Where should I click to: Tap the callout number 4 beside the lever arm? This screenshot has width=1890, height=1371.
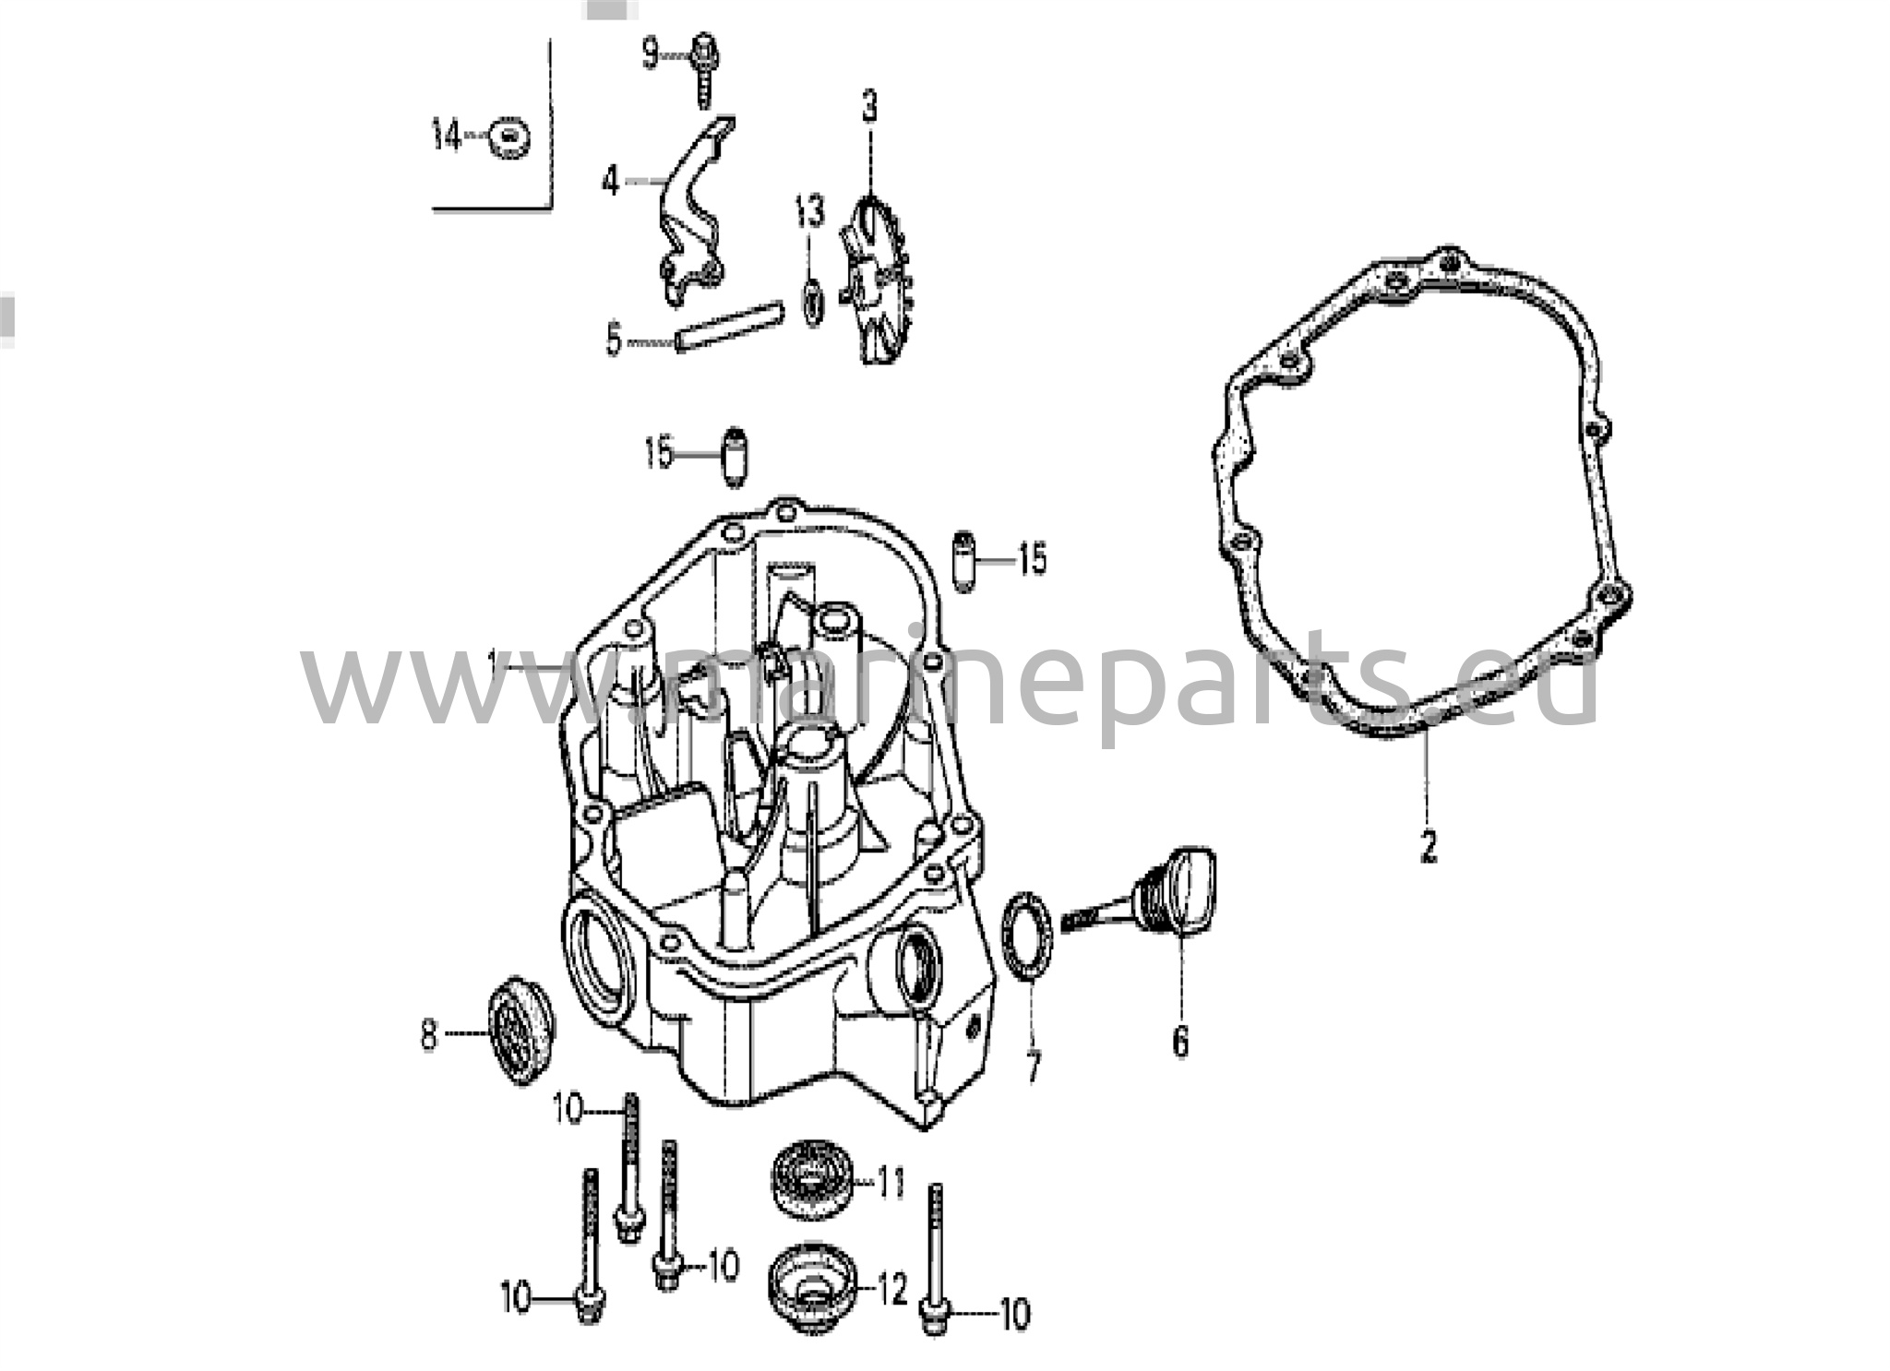[611, 182]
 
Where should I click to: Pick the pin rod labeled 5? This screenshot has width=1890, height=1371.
[728, 327]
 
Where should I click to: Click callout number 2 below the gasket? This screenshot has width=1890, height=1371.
[1428, 846]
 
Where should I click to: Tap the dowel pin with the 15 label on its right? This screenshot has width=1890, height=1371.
[964, 561]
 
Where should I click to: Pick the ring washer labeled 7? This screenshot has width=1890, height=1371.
[1026, 945]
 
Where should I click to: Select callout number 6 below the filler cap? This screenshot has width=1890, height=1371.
[1180, 1041]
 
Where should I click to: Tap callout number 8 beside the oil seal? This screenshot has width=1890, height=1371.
[428, 1034]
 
